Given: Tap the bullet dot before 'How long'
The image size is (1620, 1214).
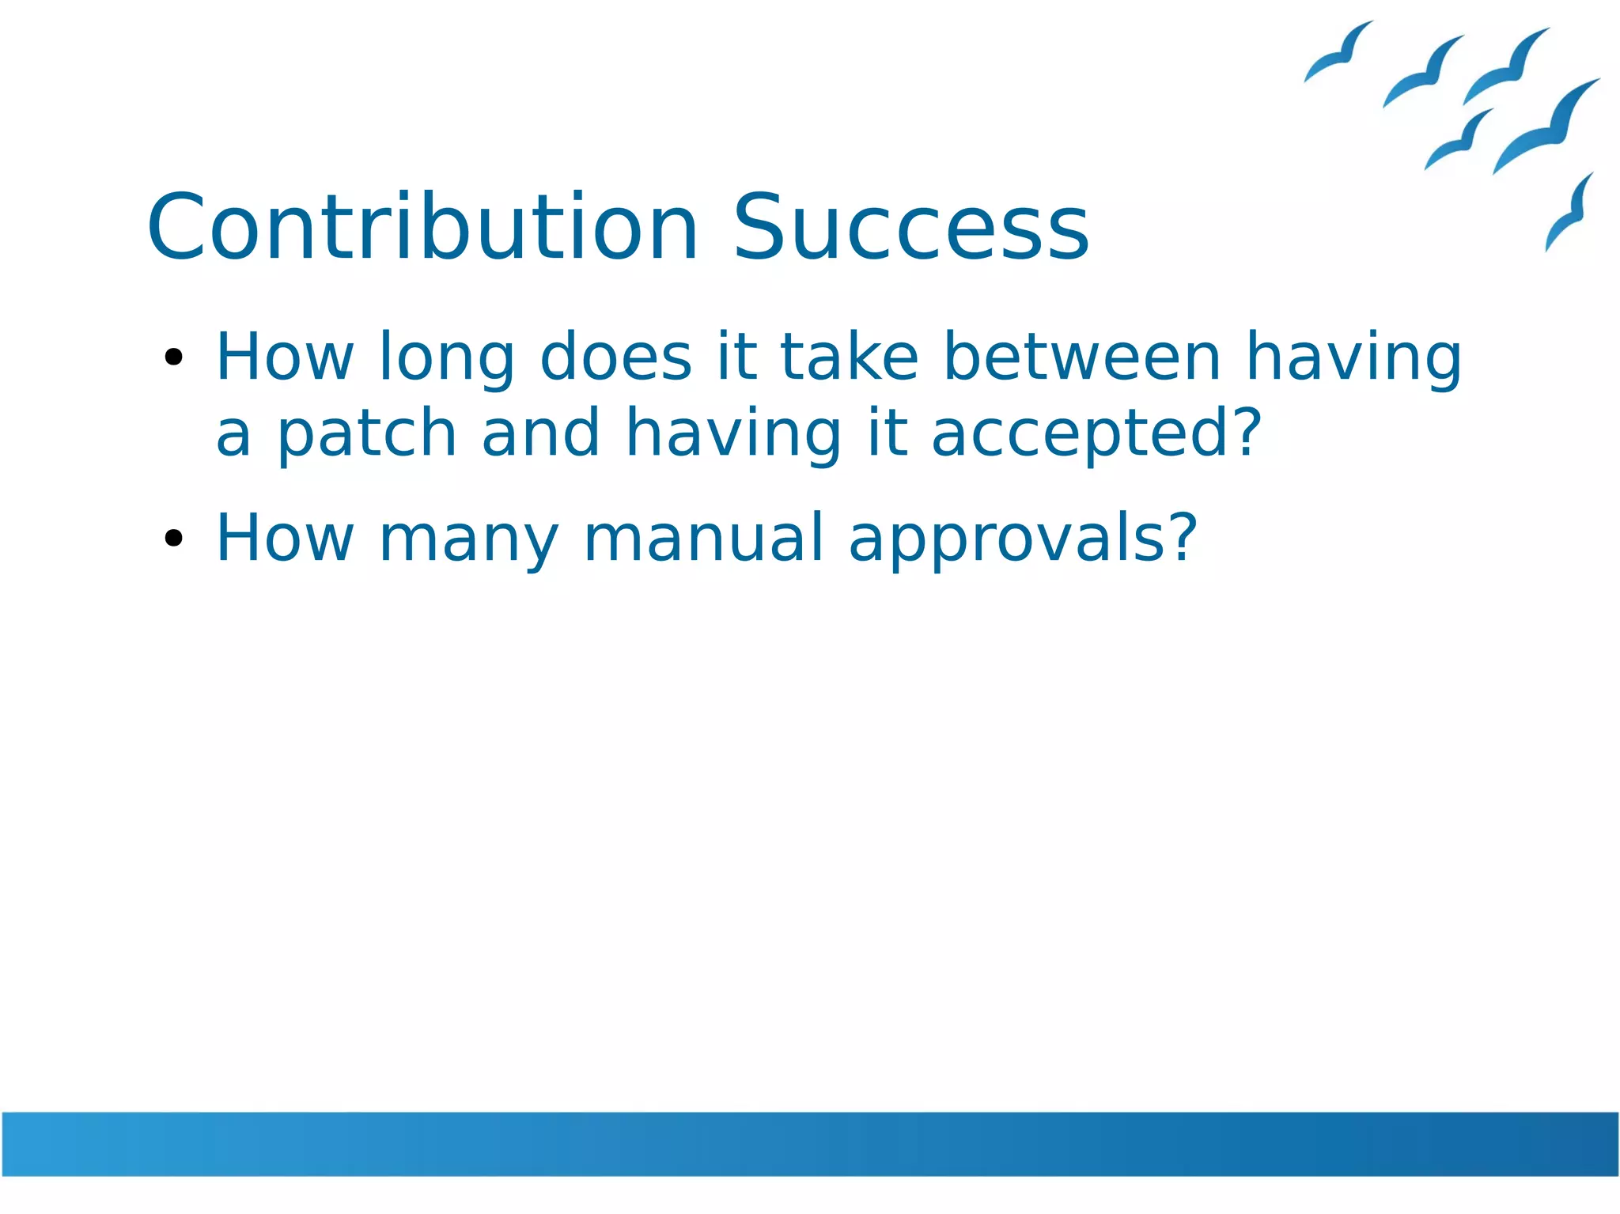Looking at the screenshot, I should coord(173,357).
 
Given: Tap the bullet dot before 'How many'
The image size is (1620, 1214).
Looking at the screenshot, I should coord(173,539).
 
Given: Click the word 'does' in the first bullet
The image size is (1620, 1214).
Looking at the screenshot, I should coord(616,357).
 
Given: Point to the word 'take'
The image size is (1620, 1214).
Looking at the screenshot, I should coord(850,357).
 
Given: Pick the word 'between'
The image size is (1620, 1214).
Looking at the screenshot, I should coord(1083,357).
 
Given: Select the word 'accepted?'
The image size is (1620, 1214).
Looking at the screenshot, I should coord(1096,435).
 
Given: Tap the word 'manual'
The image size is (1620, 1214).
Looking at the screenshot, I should coord(704,539).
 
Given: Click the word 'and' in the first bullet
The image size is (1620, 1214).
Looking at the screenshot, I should coord(540,433).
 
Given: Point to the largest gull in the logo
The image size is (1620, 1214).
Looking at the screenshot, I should coord(1546,127).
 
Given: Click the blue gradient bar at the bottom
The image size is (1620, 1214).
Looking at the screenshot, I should coord(810,1143).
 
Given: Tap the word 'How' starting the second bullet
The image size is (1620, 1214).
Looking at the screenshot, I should coord(285,539).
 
